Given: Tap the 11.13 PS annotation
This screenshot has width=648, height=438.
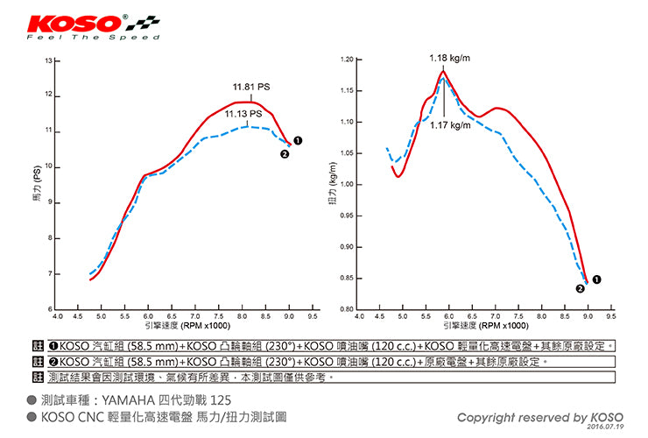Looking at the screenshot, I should coord(243,114).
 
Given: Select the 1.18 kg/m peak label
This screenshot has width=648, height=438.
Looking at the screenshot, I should coord(449,59).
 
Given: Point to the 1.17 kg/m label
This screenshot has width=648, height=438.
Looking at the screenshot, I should coord(449,125).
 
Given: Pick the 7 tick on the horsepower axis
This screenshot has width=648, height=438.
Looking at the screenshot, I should coord(49,274).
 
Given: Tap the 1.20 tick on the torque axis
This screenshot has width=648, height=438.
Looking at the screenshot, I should coord(347,60).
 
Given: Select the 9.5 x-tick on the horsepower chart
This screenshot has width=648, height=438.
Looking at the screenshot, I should coord(313,315).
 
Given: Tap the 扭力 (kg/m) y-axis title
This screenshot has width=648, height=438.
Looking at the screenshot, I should coord(332,185).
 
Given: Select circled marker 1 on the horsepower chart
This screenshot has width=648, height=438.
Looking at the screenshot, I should coord(299,140).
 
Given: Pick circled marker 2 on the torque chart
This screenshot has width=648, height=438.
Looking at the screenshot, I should coord(580,287).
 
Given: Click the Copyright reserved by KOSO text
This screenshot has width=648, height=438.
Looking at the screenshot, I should coord(540,417).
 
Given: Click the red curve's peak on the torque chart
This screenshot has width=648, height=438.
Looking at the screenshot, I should coord(444,73).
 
